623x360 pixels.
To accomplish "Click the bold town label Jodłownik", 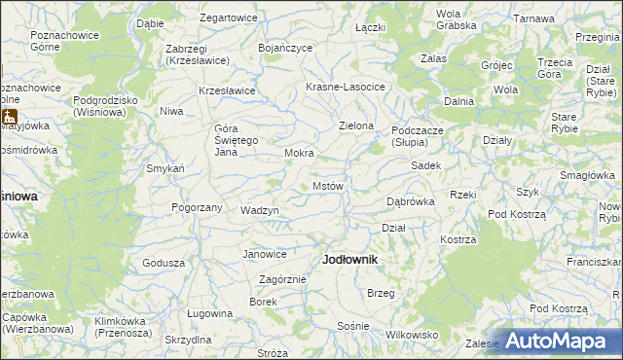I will tap(349, 260).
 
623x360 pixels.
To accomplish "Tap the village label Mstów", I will tap(327, 186).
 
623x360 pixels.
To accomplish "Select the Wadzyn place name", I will tap(260, 210).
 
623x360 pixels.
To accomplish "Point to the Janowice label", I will tap(265, 254).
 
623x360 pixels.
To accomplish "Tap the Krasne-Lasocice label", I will tap(346, 87).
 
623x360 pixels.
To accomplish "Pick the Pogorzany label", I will tap(197, 207).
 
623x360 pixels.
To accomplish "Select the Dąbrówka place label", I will tap(410, 201).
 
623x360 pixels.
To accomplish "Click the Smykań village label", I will tap(165, 168).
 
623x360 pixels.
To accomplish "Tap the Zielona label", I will tap(356, 126).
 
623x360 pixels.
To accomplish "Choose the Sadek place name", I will tap(426, 165).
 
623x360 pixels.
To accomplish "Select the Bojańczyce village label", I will tap(285, 46).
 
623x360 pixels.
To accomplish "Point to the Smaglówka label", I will tap(587, 174).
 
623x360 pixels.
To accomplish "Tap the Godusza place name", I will tap(164, 263).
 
